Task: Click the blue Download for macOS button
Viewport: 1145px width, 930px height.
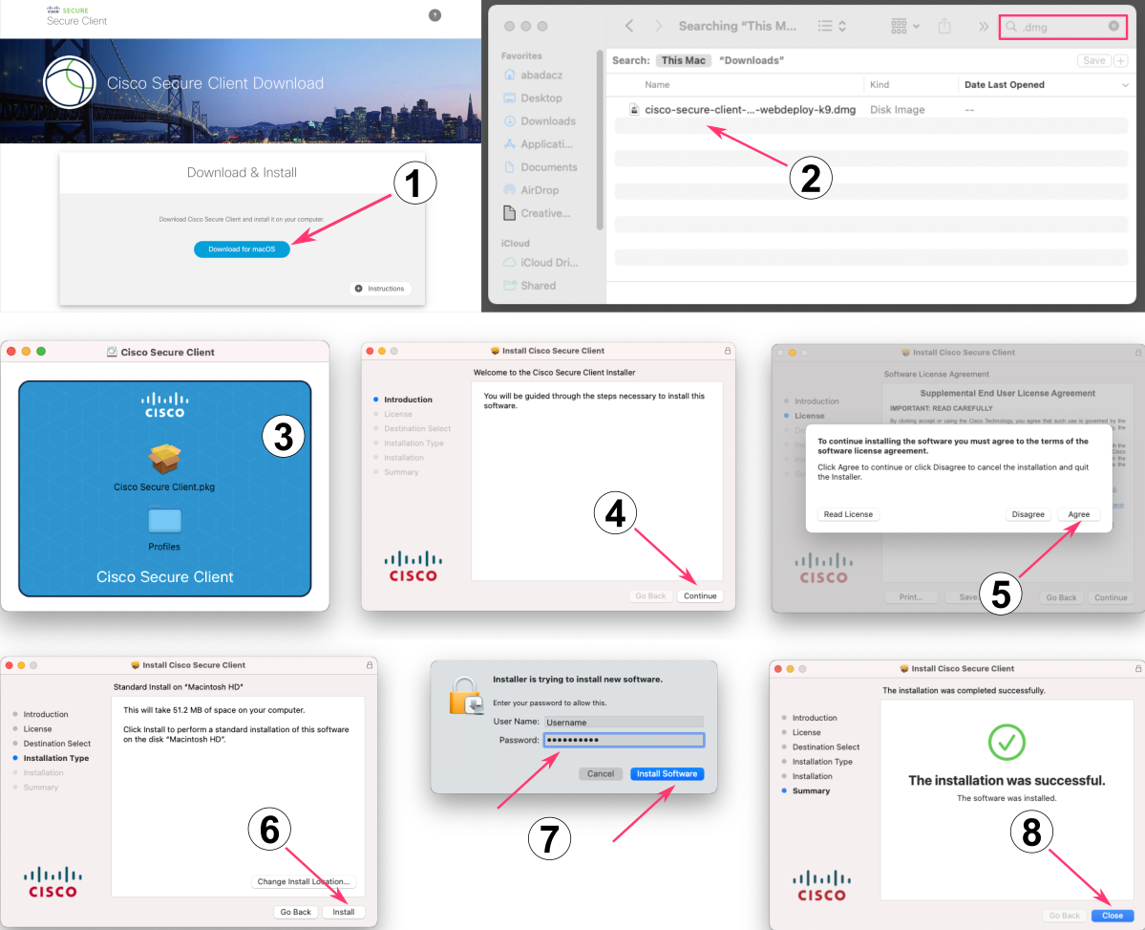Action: pos(242,249)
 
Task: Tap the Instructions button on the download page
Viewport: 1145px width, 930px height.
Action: pos(380,288)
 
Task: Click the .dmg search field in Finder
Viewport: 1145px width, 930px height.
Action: pos(1060,27)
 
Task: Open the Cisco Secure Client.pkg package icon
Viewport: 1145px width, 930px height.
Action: pos(164,460)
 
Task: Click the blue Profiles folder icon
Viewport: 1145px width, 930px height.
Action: pos(164,521)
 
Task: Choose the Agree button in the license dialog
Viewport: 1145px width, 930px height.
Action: pos(1078,514)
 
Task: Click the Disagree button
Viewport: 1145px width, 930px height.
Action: pos(1028,514)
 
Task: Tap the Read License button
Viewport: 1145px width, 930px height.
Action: pos(848,514)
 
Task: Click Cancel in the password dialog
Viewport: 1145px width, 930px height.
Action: pos(601,773)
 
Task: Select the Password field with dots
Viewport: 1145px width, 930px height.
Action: pos(624,740)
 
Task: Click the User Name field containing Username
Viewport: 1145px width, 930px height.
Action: pos(624,723)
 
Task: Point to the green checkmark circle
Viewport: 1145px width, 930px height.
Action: pos(1007,742)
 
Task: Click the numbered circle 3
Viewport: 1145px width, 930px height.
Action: pos(284,437)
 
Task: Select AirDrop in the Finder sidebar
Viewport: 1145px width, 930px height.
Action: pos(540,190)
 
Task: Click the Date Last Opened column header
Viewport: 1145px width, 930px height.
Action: pos(1005,85)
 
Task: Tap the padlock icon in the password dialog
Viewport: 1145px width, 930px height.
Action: pos(467,698)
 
